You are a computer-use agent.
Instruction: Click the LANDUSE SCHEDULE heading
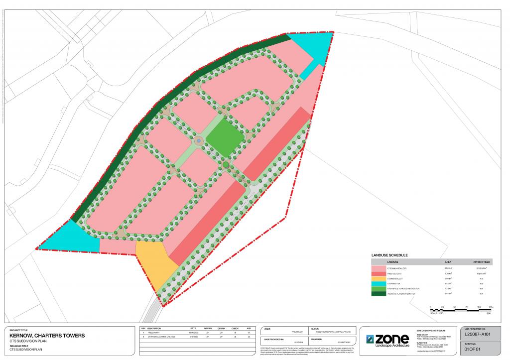click(x=389, y=255)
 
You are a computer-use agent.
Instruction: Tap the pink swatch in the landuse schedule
click(x=379, y=268)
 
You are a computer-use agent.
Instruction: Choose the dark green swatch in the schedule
click(x=379, y=294)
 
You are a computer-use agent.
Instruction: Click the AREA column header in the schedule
click(x=448, y=261)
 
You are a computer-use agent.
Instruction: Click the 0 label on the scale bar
click(x=431, y=307)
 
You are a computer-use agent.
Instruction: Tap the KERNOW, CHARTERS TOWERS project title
click(x=47, y=336)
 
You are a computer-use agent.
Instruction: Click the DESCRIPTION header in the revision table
click(x=154, y=329)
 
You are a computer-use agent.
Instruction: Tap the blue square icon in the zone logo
click(x=370, y=339)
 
